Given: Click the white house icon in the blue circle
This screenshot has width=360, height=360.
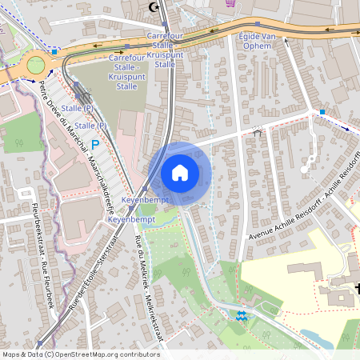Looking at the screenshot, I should coord(179,172).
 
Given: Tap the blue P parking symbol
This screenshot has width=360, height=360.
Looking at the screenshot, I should coord(96,145).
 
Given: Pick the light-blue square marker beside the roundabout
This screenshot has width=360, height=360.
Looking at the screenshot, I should coord(54,51).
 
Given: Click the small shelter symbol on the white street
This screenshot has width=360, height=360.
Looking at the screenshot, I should coord(257,132).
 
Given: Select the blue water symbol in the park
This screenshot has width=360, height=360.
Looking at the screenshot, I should coord(242,317).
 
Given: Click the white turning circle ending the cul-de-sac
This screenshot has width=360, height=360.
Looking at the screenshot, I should coord(306,169).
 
